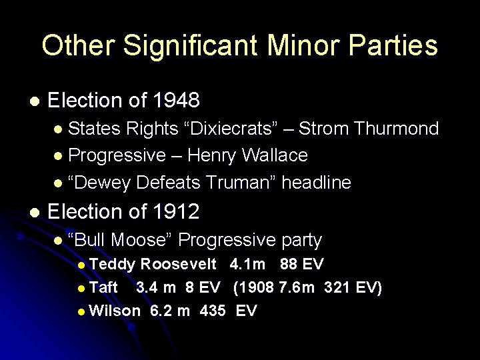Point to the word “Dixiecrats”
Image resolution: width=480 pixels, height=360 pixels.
(x=237, y=129)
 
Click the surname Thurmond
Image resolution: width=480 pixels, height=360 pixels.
(x=397, y=129)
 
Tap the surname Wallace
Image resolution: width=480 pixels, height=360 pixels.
(x=275, y=155)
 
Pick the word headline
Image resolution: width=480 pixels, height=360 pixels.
(x=316, y=182)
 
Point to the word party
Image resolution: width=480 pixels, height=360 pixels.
(x=301, y=240)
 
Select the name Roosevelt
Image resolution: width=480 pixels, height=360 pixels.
(x=179, y=265)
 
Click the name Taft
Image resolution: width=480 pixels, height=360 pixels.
(x=103, y=288)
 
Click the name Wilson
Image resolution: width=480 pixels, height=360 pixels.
(x=114, y=311)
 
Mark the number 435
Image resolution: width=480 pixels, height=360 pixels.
(x=212, y=311)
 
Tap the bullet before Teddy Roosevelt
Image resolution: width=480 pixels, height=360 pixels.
(x=81, y=265)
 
